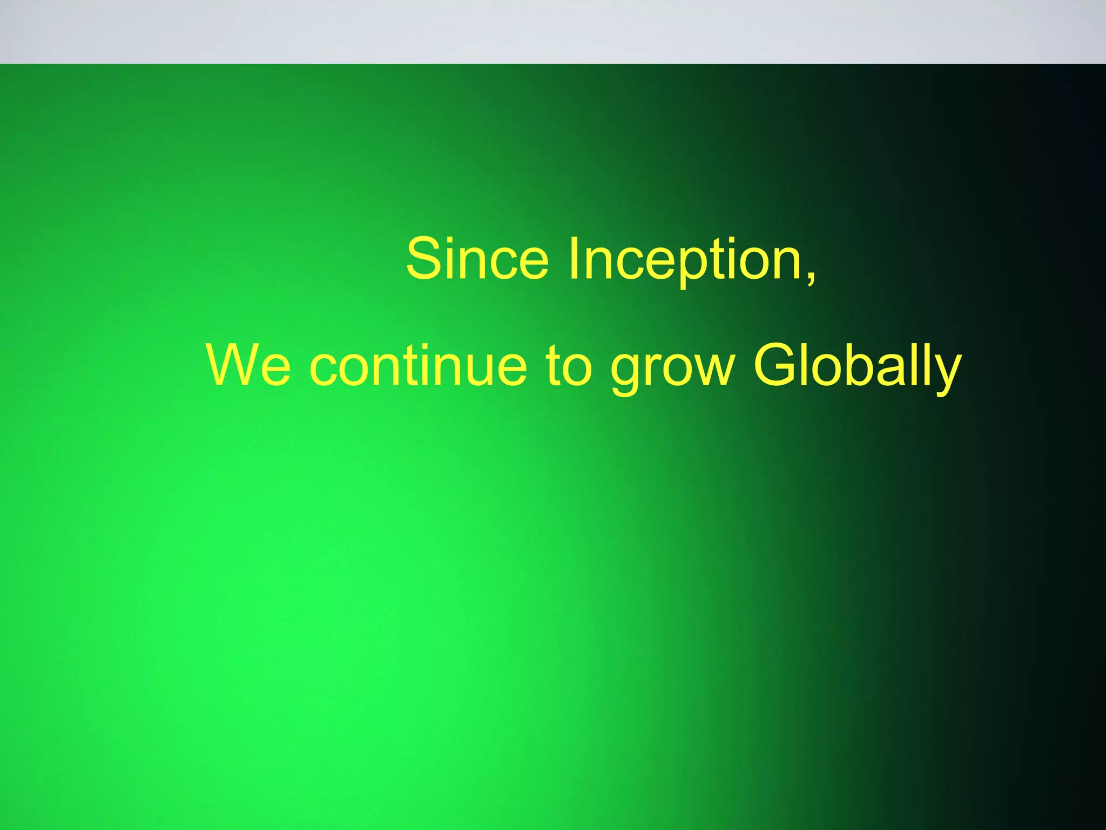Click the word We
pos(248,366)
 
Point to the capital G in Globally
pos(775,366)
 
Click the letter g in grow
pos(626,373)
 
